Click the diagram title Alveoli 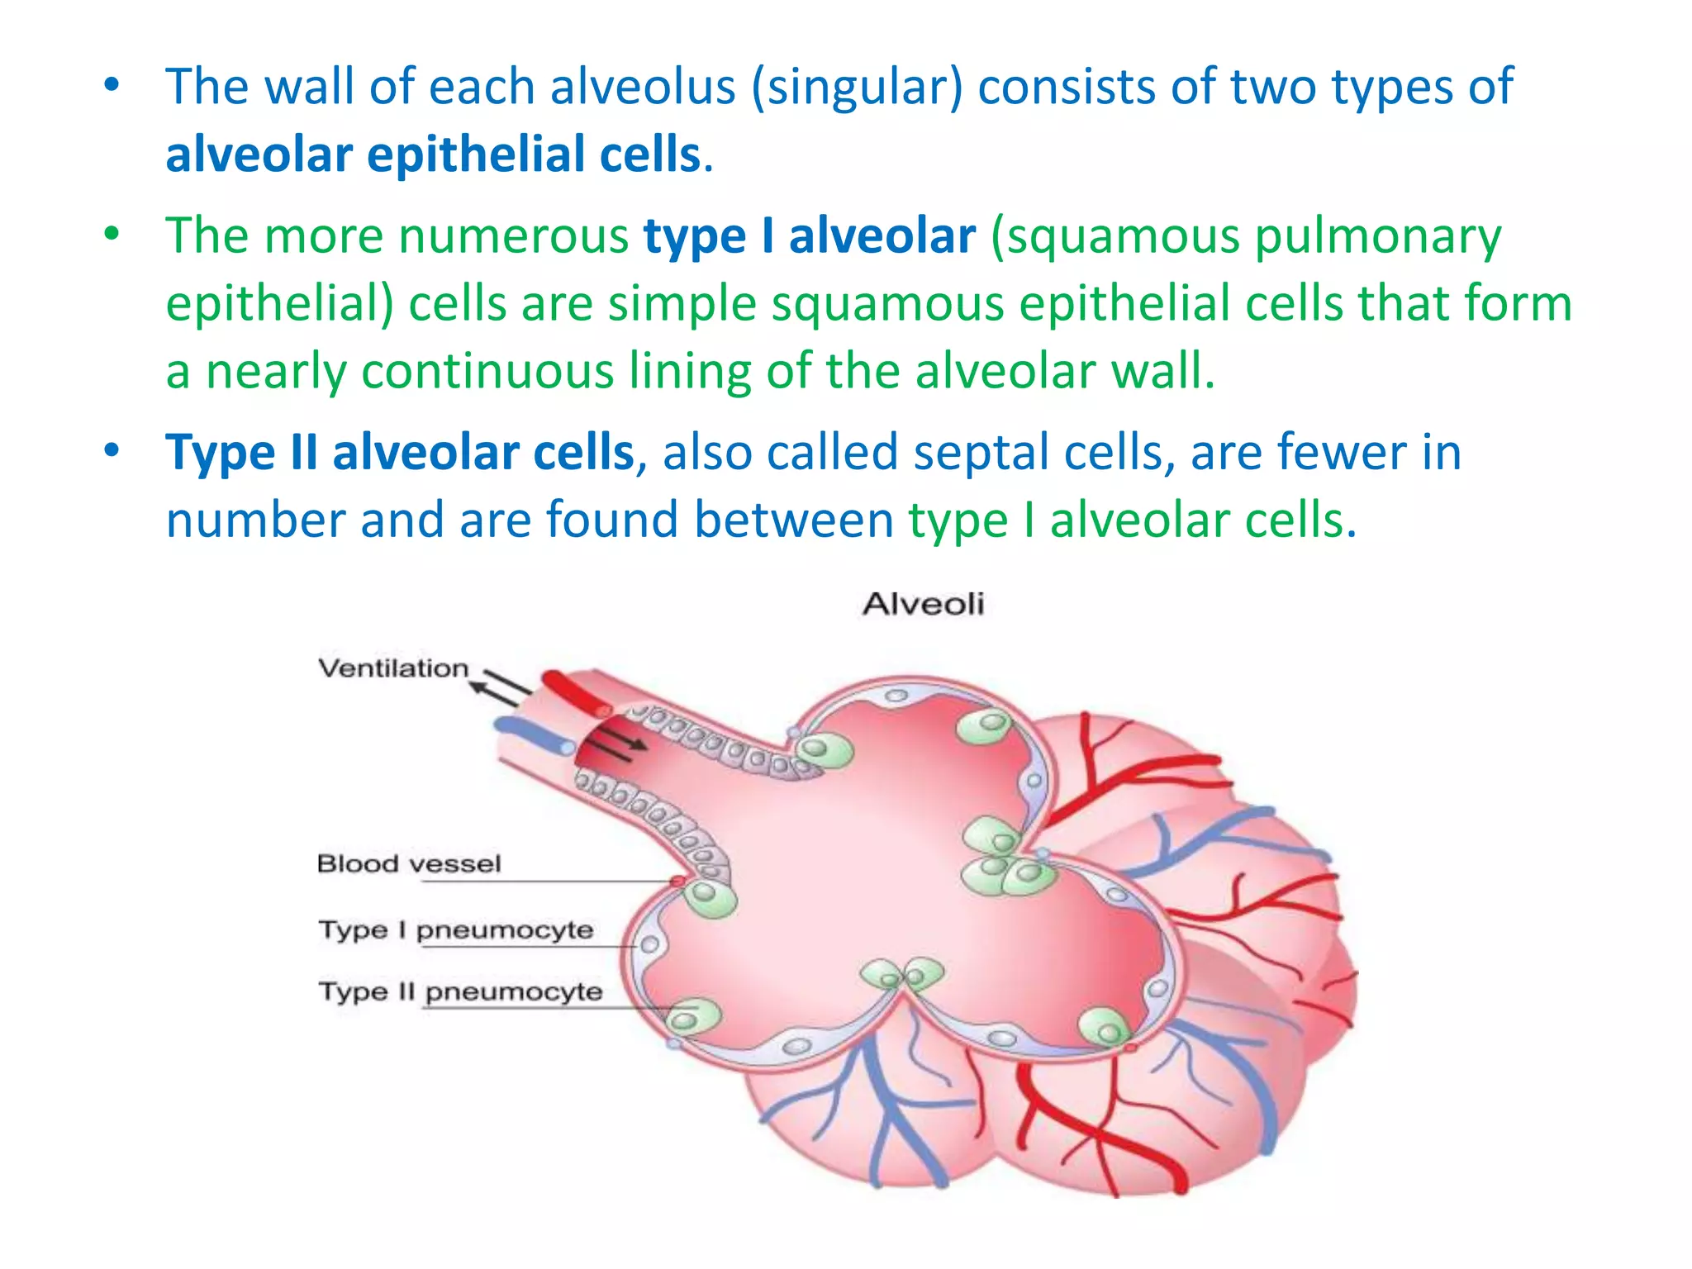click(923, 604)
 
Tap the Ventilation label click(393, 668)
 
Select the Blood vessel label click(409, 863)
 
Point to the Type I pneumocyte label click(456, 929)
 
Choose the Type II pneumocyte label click(461, 991)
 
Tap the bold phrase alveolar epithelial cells click(433, 154)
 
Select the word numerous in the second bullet click(513, 236)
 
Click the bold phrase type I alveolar click(810, 236)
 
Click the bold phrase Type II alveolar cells click(400, 453)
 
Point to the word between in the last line click(794, 520)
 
